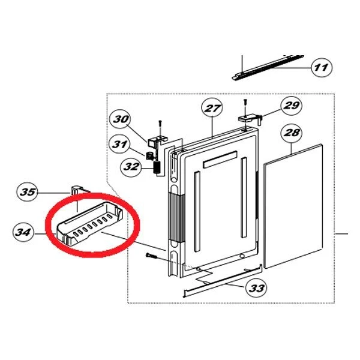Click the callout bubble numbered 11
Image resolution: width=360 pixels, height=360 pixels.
[322, 67]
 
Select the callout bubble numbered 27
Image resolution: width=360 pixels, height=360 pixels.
[212, 108]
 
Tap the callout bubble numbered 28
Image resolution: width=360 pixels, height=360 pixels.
[292, 133]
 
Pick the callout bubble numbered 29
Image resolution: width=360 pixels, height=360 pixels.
[292, 106]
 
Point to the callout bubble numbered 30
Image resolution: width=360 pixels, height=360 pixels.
[121, 119]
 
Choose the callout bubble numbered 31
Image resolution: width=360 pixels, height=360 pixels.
[120, 145]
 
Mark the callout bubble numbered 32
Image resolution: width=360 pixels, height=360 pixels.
[131, 166]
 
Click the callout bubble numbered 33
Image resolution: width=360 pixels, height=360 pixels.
[256, 288]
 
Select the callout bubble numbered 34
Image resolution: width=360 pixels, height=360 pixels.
[23, 232]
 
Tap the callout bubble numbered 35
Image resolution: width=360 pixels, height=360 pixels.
[28, 192]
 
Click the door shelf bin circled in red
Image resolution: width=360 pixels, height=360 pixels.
[89, 223]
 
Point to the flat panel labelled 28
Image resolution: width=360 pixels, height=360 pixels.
[293, 206]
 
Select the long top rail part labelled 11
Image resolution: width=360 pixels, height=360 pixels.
[268, 67]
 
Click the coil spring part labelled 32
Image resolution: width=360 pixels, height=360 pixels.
[157, 168]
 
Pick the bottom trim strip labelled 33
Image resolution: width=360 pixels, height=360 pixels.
[223, 281]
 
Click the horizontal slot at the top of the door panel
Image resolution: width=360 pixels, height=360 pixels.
[220, 159]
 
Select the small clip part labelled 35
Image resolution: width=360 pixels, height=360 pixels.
[77, 190]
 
